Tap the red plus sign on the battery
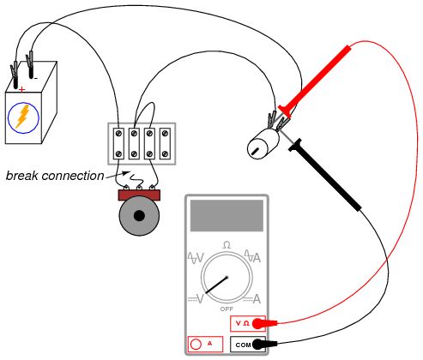(x=21, y=88)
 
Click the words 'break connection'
(x=54, y=176)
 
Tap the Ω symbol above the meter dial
(x=227, y=245)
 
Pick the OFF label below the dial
(x=227, y=308)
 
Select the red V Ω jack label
(x=242, y=323)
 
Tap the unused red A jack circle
(x=195, y=345)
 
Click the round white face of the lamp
(x=257, y=148)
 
